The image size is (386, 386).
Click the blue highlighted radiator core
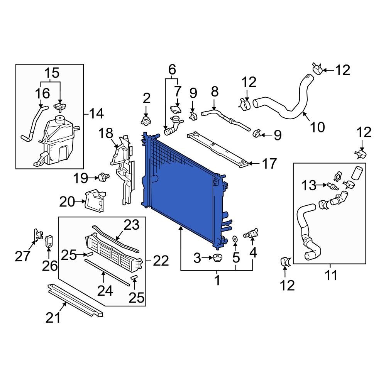point(181,189)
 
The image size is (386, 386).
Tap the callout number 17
point(269,164)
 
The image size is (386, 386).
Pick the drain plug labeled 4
point(250,234)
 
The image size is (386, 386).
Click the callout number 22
point(161,261)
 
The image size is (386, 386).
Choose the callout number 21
point(54,317)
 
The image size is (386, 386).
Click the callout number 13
point(309,186)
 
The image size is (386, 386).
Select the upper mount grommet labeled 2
point(146,121)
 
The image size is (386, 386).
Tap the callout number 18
point(105,134)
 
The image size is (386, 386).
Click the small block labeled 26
point(49,241)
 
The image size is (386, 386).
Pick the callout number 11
point(331,276)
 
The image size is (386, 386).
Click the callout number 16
point(43,93)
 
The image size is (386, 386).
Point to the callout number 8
point(215,92)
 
